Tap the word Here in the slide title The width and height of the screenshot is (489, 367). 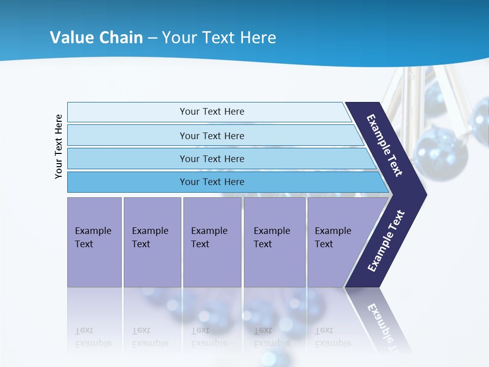click(258, 37)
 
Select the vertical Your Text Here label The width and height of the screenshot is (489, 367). click(59, 146)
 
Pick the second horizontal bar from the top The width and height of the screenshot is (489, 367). click(211, 136)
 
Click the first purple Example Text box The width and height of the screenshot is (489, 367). click(94, 242)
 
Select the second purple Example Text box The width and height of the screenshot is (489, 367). click(152, 242)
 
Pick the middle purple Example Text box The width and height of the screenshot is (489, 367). click(212, 242)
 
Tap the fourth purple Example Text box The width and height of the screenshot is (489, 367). click(275, 242)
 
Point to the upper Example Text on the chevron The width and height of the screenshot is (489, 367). click(385, 145)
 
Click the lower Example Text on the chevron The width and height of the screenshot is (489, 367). click(386, 241)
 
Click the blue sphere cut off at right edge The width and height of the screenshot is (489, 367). click(480, 119)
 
